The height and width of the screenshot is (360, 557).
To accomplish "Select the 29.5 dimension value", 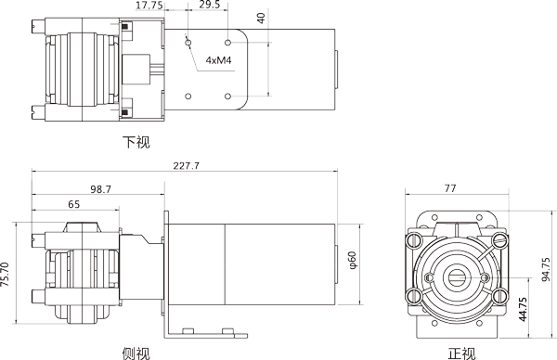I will click(210, 6).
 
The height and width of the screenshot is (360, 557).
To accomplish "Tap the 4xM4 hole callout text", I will click(218, 62).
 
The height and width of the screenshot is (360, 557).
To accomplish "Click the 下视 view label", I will click(136, 142).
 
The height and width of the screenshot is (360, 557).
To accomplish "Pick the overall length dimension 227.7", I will click(187, 165).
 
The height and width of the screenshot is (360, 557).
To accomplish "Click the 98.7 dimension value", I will click(100, 188).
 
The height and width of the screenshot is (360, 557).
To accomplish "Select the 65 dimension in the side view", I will click(73, 203).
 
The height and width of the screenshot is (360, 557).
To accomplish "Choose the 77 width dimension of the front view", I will click(450, 188).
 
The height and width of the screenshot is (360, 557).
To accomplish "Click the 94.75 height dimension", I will click(546, 271).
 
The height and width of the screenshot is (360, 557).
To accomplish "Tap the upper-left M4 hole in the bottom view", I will click(188, 42).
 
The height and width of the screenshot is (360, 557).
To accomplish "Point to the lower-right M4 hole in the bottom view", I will click(228, 96).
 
